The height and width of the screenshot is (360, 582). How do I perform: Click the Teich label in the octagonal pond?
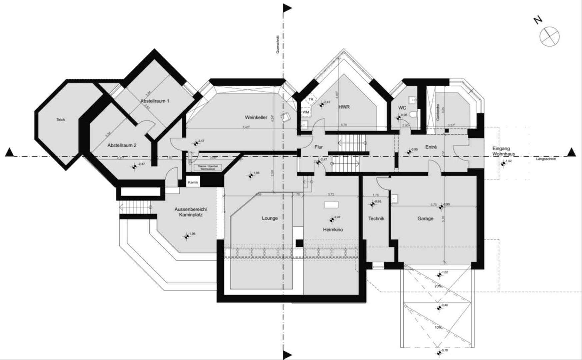point(61,120)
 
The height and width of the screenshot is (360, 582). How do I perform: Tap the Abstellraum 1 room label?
point(155,101)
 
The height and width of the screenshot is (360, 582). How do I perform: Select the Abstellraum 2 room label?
point(122,145)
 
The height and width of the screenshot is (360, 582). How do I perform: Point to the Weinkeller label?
point(256,117)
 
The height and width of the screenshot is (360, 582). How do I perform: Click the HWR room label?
point(344,107)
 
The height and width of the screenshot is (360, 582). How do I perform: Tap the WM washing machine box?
point(306,112)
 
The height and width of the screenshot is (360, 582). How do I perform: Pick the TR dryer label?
point(311,99)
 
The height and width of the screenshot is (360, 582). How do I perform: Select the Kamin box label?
point(193,182)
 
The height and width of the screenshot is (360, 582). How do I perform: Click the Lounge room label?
point(270,218)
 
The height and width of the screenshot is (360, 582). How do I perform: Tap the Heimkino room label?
point(333,230)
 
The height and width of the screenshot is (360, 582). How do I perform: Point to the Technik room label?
point(376,218)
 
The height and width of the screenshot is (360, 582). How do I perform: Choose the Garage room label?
point(425,219)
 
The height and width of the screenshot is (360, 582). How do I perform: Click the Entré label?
point(431,147)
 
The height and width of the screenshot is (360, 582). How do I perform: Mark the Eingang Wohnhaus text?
point(503,151)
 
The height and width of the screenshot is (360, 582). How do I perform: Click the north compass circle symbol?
point(549,36)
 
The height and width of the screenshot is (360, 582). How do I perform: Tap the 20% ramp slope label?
point(438,286)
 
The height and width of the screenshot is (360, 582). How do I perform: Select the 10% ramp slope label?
point(438,327)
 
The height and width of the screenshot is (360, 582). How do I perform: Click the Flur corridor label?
point(318,147)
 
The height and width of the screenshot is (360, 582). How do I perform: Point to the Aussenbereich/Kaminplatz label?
point(191,212)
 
